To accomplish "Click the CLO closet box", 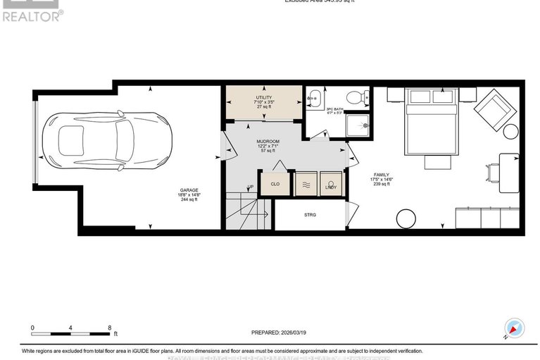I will click(275, 183).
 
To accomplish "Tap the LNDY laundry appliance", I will click(330, 183).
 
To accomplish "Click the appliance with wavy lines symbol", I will click(305, 183).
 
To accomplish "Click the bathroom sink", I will click(314, 97).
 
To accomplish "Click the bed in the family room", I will click(430, 120).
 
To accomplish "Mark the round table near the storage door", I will click(406, 218).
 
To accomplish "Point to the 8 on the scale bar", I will click(108, 328).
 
